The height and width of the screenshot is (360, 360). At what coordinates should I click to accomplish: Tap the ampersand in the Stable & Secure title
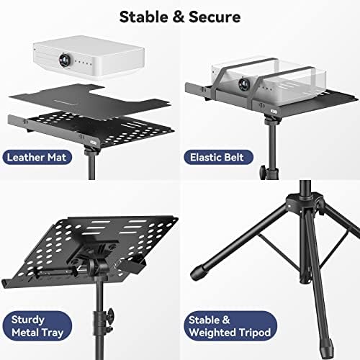coord(175,16)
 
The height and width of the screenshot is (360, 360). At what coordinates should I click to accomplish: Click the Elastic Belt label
coord(221,156)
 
